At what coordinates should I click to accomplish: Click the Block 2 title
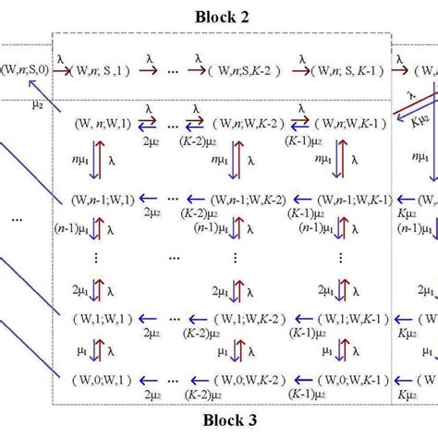222,16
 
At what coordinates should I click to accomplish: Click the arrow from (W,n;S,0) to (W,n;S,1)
63,67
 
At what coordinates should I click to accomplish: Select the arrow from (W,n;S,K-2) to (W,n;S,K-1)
300,67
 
